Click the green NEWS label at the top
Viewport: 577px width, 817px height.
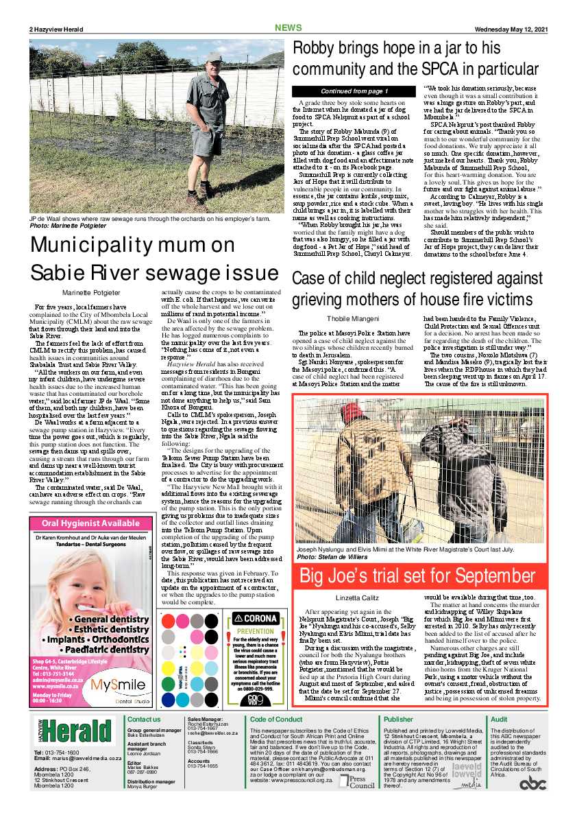288,28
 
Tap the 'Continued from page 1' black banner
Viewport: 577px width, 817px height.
354,91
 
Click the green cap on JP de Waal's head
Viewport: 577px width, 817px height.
214,57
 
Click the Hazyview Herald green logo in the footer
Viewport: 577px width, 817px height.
74,731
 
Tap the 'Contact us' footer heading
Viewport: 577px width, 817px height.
144,719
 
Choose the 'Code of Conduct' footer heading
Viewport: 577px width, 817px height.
276,719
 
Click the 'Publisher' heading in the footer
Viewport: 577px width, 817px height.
398,719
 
